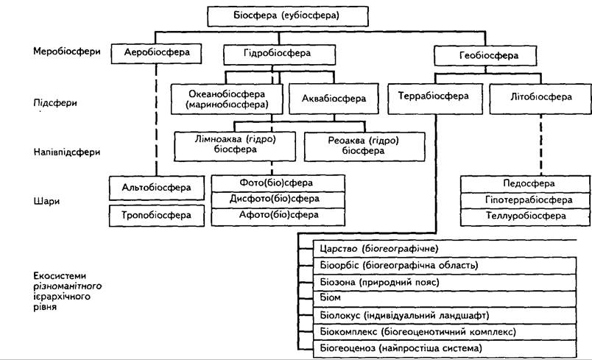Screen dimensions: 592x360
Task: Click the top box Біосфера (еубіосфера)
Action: tap(288, 16)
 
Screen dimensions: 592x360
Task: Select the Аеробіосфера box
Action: tap(156, 53)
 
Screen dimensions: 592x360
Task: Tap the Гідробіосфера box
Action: tap(279, 54)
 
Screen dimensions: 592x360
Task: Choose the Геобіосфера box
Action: tap(485, 56)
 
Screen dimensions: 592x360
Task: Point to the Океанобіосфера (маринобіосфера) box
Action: tap(227, 99)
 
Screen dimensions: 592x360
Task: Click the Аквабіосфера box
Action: tap(334, 99)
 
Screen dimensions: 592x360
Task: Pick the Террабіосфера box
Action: tap(435, 99)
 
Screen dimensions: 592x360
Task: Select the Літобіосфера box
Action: tap(540, 99)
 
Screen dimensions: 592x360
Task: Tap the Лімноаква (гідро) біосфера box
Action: tap(235, 147)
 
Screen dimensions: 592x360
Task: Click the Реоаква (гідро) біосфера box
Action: tap(364, 147)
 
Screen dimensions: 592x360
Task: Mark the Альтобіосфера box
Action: tap(157, 188)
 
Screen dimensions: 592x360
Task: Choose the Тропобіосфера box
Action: tap(157, 216)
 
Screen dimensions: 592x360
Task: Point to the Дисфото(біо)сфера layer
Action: tap(278, 200)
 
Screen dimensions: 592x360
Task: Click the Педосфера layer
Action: tap(525, 184)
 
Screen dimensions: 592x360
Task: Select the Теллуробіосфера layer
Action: tap(525, 217)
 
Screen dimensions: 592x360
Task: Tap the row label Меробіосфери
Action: tap(67, 52)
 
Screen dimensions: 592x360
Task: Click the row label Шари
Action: tap(47, 201)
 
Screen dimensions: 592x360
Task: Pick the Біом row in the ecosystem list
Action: tap(445, 298)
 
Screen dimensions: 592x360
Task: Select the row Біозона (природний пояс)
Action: tap(445, 282)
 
